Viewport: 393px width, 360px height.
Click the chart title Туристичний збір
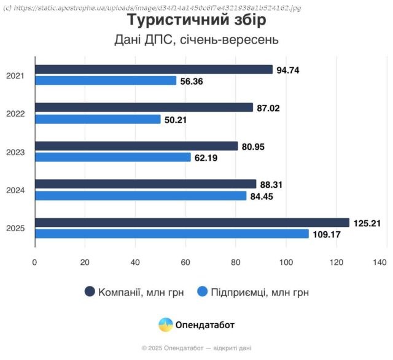196,20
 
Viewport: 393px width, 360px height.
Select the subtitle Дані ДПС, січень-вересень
196,40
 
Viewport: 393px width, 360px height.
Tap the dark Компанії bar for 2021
154,69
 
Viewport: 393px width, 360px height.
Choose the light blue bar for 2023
113,158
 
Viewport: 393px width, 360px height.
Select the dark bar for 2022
144,107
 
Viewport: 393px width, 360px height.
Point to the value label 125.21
367,223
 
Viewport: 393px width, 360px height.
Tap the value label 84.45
262,196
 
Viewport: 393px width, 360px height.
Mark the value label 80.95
254,147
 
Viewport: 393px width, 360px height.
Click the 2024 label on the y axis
15,191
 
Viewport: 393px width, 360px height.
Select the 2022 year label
15,114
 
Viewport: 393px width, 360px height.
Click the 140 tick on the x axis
379,262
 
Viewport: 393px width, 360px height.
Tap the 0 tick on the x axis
35,262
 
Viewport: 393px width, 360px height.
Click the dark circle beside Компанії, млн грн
90,292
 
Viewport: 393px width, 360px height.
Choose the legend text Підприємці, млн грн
260,293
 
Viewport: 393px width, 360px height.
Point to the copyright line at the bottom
196,348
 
